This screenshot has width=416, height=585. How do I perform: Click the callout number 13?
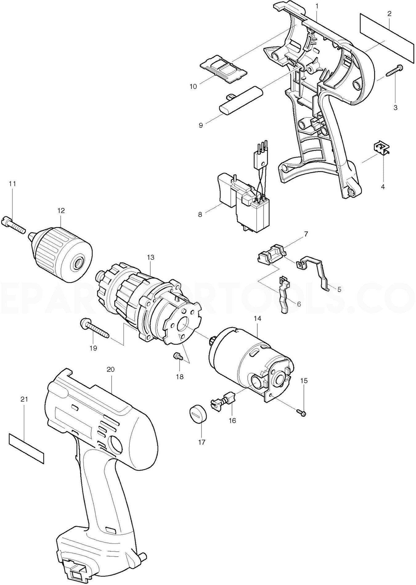(x=151, y=257)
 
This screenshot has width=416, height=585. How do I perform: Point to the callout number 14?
(x=257, y=319)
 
